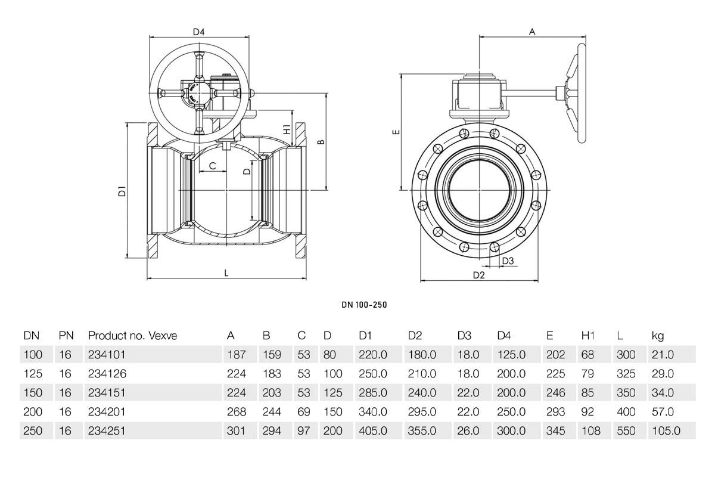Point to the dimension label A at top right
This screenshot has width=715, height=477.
tap(532, 32)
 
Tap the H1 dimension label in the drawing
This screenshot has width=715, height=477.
tap(287, 129)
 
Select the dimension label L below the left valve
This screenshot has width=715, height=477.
tap(226, 272)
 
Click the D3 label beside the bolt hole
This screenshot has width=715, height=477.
tap(508, 261)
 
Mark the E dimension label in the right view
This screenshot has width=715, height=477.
tap(396, 132)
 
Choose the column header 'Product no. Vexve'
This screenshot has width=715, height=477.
tap(132, 336)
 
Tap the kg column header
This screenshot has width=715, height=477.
tap(658, 336)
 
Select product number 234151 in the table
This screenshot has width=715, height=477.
tap(107, 393)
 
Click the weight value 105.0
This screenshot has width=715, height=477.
tap(665, 430)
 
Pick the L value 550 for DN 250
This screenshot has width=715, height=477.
tap(626, 430)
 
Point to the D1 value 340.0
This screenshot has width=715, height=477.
tap(372, 411)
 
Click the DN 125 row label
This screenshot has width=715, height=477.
tap(33, 374)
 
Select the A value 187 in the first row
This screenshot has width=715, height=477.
tap(237, 355)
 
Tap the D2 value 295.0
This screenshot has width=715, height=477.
tap(422, 411)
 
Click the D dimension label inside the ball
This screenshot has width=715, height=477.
tap(248, 171)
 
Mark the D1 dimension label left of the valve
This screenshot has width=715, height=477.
tap(122, 191)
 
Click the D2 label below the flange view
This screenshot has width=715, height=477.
tap(478, 275)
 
